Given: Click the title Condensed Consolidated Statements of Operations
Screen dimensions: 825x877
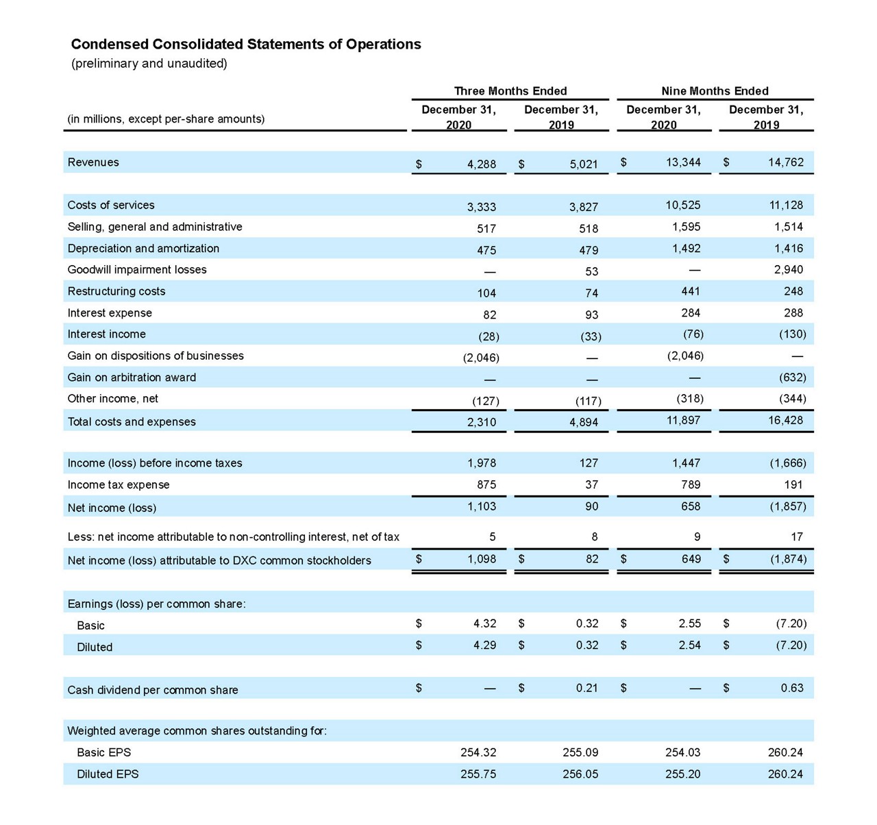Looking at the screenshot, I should tap(246, 45).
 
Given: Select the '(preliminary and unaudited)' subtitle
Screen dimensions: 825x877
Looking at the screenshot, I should tap(149, 64).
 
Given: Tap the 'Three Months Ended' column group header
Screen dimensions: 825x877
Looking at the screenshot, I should tap(510, 91).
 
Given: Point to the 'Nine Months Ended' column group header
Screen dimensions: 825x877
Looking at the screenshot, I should tap(715, 91).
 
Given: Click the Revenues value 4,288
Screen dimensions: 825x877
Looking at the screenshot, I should tap(481, 164).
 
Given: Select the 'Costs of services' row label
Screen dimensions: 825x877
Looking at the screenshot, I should tap(111, 205).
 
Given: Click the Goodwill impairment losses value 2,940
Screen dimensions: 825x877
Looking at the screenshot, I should tap(789, 270).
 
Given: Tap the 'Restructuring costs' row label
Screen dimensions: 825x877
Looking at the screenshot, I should tap(116, 291).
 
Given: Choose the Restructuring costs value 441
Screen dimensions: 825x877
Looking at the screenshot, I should tap(691, 291).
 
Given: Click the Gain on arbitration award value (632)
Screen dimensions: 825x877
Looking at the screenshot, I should tap(793, 378).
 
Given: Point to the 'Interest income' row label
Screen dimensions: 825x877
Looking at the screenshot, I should tap(106, 334).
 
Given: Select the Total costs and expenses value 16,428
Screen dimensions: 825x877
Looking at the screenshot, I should tap(785, 420).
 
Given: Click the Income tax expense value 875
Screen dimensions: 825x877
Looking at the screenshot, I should tap(486, 484).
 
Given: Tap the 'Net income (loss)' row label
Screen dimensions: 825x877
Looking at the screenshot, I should tap(112, 508).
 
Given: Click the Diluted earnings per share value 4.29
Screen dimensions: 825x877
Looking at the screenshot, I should tap(484, 645).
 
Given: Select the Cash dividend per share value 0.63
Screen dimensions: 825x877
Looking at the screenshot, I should tap(792, 688).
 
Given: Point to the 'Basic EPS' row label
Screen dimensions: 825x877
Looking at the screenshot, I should tap(104, 752).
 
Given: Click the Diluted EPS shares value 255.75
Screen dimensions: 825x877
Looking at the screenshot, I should tap(478, 774).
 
